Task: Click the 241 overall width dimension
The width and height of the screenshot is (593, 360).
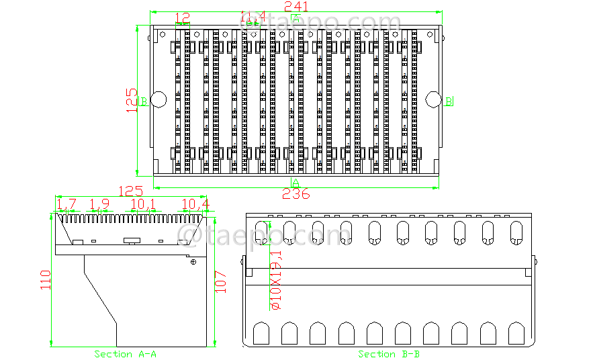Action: [x=296, y=6]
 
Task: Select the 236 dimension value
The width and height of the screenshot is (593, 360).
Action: [x=295, y=194]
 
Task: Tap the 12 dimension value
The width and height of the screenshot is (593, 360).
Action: [x=182, y=17]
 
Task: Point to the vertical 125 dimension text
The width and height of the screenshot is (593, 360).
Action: [x=132, y=100]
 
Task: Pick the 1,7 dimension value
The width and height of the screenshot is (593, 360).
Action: [x=66, y=204]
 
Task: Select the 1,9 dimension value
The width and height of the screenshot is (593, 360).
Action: [x=99, y=204]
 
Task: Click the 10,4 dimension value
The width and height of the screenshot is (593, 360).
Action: [x=195, y=204]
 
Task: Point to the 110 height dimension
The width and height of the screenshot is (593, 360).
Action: [x=46, y=279]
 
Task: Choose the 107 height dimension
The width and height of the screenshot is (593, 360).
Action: [x=221, y=281]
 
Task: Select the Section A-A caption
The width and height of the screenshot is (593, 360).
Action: [x=125, y=354]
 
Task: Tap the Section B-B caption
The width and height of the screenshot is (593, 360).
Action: [x=389, y=354]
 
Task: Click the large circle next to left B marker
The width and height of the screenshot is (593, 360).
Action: [x=158, y=99]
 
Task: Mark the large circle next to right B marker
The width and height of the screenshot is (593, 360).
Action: [x=433, y=99]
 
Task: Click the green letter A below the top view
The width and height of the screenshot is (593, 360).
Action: [x=295, y=183]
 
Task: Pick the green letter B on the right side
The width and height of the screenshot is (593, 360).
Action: [x=449, y=101]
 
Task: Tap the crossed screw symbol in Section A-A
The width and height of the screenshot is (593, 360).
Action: [x=193, y=262]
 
